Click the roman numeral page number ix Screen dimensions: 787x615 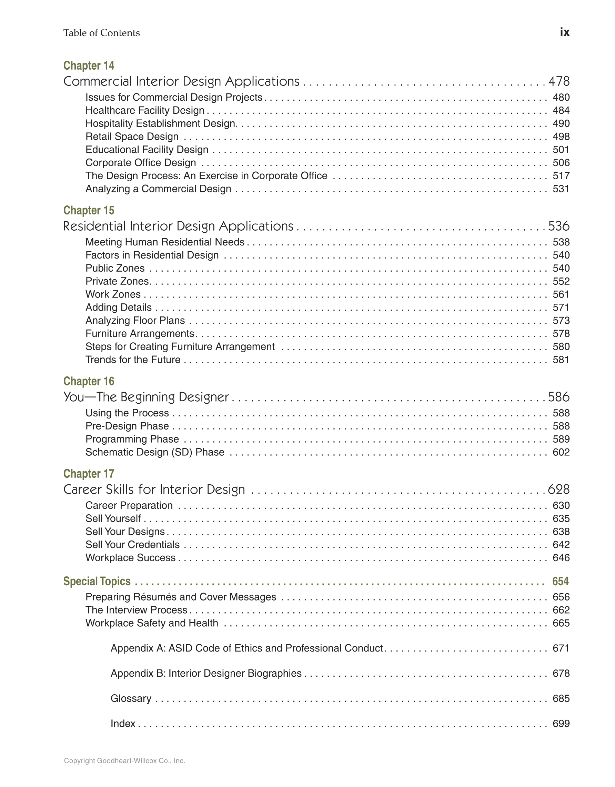[564, 32]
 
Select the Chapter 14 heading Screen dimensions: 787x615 [89, 65]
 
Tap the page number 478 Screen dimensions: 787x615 [559, 81]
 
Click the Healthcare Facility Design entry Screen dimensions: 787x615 [145, 110]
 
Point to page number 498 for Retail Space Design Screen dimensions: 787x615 [561, 137]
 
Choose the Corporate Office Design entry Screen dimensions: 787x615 [141, 162]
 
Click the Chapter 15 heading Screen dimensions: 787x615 [89, 210]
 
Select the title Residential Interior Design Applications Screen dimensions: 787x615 [178, 226]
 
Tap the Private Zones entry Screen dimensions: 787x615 [118, 281]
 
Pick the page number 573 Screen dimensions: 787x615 [561, 320]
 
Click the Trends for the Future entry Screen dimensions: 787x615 [133, 360]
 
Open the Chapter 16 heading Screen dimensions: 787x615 [89, 381]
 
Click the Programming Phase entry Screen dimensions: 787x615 [132, 439]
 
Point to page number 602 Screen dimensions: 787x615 [561, 452]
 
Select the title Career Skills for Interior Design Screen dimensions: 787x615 [154, 490]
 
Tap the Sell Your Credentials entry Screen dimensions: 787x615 [133, 544]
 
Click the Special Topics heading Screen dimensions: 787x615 [97, 581]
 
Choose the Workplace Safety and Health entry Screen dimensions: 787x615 [152, 623]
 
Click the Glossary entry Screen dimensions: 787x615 [131, 698]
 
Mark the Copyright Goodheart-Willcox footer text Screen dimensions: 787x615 [124, 761]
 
